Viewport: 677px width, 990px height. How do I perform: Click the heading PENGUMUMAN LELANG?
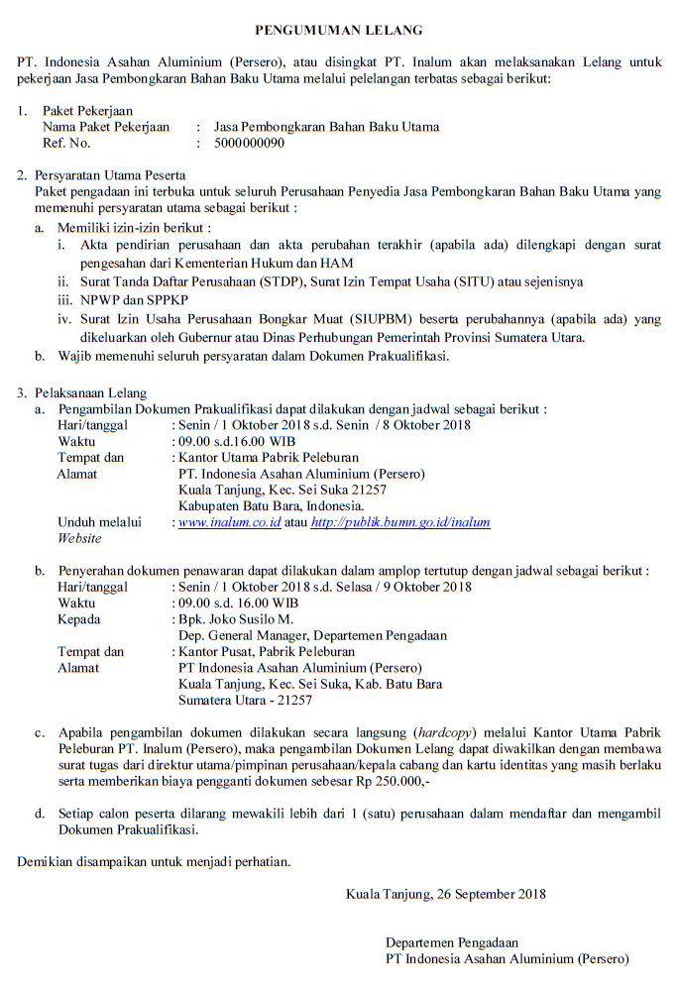coord(338,31)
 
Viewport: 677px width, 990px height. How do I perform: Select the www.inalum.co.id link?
coord(229,521)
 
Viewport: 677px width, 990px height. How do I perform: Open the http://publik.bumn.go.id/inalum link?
coord(399,521)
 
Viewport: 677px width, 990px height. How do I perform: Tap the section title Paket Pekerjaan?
coord(87,111)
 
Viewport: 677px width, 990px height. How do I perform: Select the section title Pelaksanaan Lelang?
coord(90,392)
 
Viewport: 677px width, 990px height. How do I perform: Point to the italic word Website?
coord(79,538)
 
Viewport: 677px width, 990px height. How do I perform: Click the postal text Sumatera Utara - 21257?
coord(245,700)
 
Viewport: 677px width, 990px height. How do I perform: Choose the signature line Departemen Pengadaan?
coord(452,942)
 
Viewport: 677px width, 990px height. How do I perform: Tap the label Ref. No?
coord(66,143)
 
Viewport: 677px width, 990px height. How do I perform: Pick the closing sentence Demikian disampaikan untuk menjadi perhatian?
coord(155,861)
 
